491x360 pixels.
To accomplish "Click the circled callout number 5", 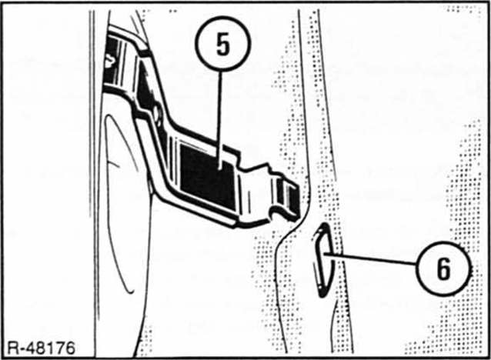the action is (x=223, y=44).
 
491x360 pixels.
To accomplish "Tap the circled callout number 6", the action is (x=444, y=268).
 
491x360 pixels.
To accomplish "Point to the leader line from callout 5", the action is (x=220, y=120).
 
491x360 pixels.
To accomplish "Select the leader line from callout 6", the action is (x=370, y=259).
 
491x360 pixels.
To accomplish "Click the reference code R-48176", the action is (x=41, y=348).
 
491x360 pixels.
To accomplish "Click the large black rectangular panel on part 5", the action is (x=208, y=177).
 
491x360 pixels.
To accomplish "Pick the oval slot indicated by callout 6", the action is (x=323, y=260).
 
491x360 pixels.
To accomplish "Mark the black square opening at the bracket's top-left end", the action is (x=112, y=59).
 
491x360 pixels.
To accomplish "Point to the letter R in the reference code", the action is (x=12, y=348).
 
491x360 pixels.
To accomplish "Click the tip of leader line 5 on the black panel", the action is (x=220, y=169).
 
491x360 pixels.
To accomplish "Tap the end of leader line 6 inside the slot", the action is (x=325, y=253).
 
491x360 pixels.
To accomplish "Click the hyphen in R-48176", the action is (x=22, y=349).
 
